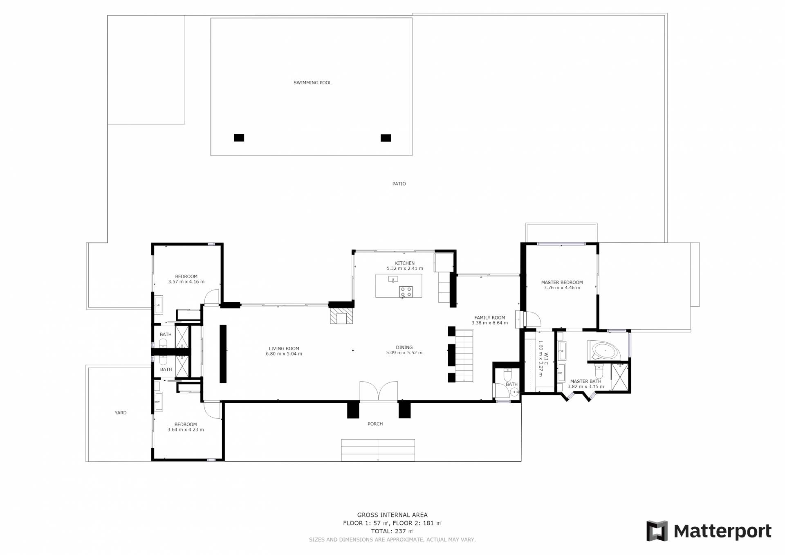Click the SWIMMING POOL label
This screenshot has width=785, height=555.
point(312,83)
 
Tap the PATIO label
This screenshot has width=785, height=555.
point(399,184)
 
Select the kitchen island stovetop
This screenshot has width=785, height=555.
point(406,292)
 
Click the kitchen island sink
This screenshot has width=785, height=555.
point(393,279)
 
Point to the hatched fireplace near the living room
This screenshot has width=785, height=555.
point(341,316)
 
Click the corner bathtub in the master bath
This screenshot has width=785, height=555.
point(604,351)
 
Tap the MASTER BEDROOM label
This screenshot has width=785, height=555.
point(562,282)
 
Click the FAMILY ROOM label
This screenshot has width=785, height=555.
point(489,317)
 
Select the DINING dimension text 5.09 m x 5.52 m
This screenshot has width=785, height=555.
point(404,353)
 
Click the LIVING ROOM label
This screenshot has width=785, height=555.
point(284,348)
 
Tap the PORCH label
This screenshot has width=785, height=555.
point(375,424)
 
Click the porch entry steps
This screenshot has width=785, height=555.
point(378,450)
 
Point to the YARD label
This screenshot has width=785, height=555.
point(120,413)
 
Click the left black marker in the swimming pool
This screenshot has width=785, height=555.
point(239,138)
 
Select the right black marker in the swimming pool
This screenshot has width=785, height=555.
point(386,138)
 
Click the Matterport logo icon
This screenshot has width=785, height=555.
point(657,531)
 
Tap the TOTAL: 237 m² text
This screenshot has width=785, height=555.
point(392,531)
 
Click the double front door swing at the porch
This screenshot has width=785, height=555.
point(379,391)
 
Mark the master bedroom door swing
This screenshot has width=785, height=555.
point(532,319)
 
